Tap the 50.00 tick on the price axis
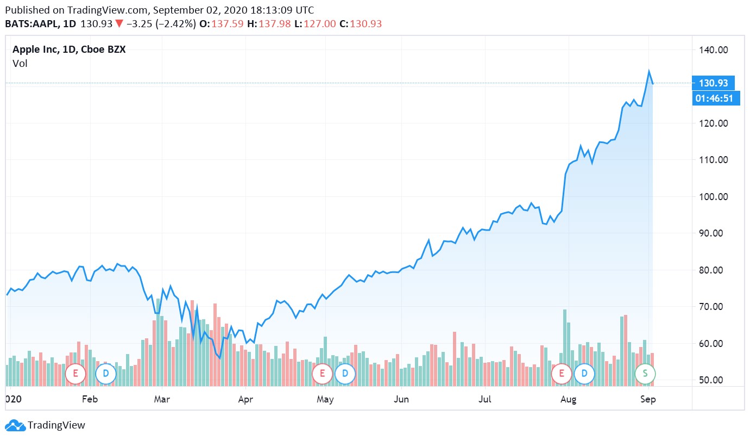pos(713,380)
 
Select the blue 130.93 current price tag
pos(714,83)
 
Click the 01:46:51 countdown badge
pos(716,98)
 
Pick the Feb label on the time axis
pos(90,399)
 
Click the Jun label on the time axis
pos(401,399)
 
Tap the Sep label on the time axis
pos(648,399)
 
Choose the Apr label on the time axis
pos(245,399)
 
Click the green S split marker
pos(645,373)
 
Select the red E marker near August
pos(562,373)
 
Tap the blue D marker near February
pos(105,373)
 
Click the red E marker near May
pos(323,373)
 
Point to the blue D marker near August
pos(584,373)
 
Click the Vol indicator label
pos(20,64)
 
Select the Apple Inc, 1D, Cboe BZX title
pos(69,50)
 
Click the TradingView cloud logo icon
pos(15,425)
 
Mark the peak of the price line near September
pos(648,71)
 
